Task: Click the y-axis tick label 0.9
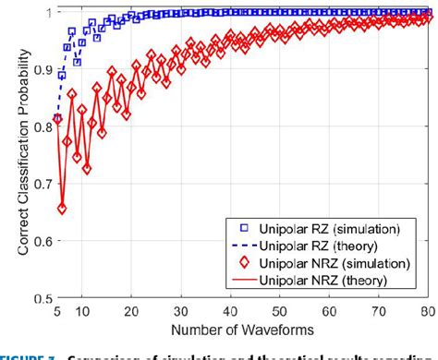pos(38,82)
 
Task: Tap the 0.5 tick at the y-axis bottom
pos(38,298)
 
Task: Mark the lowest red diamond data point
pos(62,210)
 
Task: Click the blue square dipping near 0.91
pos(77,61)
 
